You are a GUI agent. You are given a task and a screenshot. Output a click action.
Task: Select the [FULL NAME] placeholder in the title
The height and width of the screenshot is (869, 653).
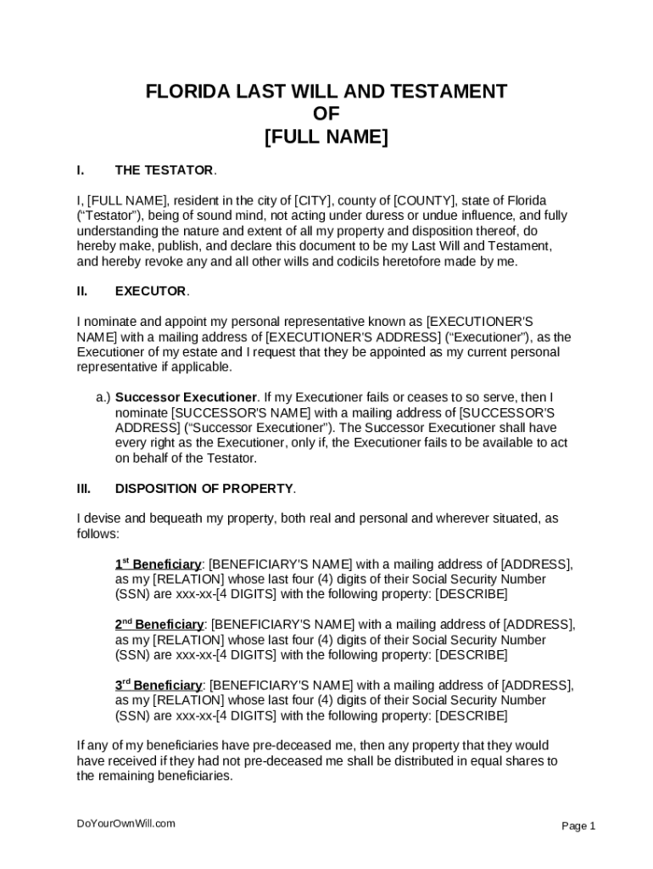tap(326, 137)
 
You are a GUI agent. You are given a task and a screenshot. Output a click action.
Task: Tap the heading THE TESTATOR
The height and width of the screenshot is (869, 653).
tap(165, 171)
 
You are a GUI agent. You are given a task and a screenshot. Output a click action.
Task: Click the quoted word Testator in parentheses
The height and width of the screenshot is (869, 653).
tap(111, 216)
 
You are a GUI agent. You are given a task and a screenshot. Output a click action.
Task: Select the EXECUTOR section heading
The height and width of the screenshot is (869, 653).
tap(150, 291)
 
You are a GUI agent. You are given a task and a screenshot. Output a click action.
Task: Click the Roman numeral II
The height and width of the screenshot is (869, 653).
tap(82, 291)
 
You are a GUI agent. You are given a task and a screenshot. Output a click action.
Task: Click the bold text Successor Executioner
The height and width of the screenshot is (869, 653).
tap(186, 397)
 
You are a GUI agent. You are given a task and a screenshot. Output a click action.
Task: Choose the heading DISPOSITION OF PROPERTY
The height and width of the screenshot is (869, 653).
tap(204, 488)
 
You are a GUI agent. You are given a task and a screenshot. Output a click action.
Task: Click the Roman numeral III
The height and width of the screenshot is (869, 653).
tap(84, 488)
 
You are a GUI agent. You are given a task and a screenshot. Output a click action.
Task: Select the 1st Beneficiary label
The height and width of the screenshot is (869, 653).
tap(159, 563)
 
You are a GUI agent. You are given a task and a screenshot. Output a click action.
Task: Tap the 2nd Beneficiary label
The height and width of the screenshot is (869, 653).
tap(159, 624)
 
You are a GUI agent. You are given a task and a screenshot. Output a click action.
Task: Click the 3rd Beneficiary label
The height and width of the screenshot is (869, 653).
tap(159, 685)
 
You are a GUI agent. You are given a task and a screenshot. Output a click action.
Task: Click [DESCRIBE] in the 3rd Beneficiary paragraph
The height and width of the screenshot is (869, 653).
tap(471, 715)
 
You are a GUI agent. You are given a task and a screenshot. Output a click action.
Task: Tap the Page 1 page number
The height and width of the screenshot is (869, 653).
tap(579, 826)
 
